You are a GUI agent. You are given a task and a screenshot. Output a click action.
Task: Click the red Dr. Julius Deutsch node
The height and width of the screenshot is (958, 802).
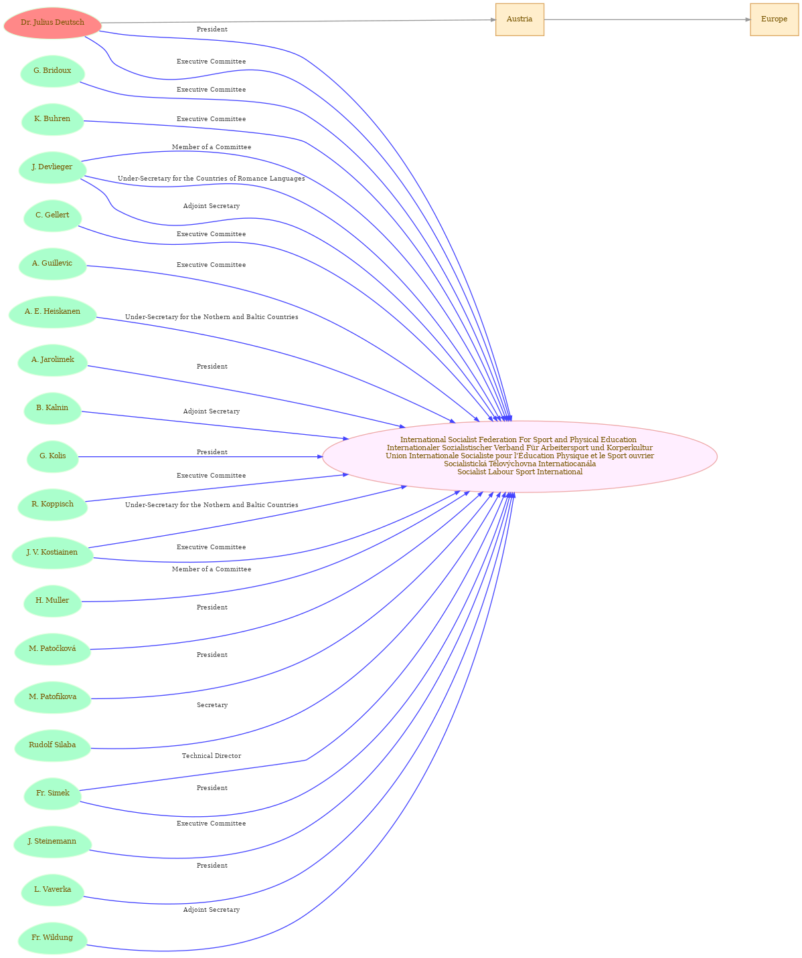tap(52, 23)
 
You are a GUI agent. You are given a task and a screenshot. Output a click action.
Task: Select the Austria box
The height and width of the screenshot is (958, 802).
tap(519, 19)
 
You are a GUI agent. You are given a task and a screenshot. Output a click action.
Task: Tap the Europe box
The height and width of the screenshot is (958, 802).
tap(774, 19)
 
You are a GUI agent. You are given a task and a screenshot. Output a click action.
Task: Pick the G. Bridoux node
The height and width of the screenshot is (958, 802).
tap(52, 71)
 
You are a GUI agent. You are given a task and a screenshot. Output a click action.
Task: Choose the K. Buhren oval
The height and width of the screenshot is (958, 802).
tap(52, 119)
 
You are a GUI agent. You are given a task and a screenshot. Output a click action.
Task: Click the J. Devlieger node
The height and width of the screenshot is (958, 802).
tap(52, 167)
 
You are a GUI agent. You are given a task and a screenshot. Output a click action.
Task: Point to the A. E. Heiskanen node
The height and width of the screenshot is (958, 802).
tap(52, 312)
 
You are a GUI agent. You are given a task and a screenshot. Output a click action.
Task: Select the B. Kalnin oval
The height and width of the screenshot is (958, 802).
tap(52, 408)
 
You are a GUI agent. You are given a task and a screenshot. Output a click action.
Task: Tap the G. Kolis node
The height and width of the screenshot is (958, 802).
tap(52, 456)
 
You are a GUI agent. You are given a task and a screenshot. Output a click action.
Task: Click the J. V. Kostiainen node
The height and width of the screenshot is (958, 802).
tap(52, 553)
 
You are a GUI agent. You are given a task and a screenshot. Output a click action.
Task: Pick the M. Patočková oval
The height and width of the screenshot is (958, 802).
tap(52, 649)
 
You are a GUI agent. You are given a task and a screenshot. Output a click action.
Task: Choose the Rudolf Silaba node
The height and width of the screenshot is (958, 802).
tap(52, 745)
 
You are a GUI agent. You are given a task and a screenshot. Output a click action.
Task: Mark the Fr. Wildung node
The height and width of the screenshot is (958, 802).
tap(52, 939)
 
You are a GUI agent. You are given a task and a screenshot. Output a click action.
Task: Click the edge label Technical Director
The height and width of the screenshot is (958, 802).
tap(211, 756)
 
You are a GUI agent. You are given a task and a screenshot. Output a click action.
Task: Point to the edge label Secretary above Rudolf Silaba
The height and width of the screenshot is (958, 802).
tap(212, 705)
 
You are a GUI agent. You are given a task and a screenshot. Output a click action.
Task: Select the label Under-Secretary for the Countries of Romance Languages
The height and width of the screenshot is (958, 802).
tap(211, 179)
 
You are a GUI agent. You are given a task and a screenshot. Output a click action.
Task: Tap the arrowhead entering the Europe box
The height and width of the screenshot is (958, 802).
tap(747, 19)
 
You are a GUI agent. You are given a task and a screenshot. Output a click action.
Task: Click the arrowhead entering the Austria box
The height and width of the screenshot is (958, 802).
tap(493, 19)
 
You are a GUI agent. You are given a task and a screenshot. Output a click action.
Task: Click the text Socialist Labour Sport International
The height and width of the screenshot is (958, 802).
tap(519, 472)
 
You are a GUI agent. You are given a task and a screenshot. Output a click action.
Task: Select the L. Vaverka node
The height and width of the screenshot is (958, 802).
tap(52, 890)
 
